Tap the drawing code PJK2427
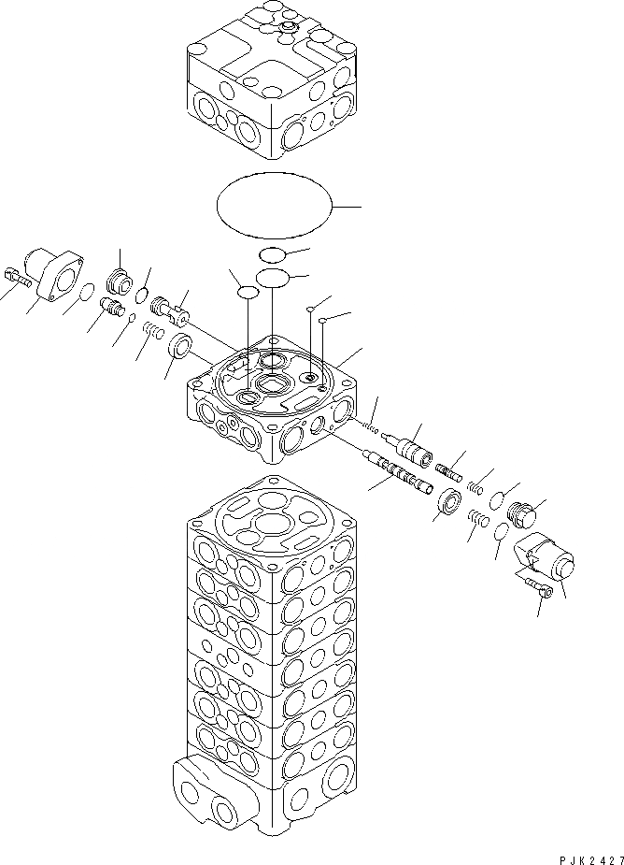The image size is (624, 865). click(581, 854)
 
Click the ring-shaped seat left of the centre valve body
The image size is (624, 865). click(179, 348)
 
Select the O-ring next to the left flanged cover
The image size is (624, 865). click(84, 295)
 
